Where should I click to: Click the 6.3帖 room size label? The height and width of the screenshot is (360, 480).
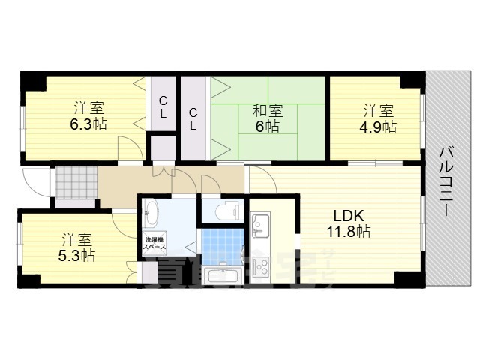click(88, 124)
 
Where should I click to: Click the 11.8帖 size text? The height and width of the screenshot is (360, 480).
click(347, 232)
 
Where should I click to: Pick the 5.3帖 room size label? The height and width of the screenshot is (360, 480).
click(76, 256)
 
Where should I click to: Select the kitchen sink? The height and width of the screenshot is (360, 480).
click(261, 223)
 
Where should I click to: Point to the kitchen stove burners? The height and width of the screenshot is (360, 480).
click(262, 265)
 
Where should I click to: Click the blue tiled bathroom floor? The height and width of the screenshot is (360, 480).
click(223, 244)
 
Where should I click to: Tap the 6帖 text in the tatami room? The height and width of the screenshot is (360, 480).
click(267, 127)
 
